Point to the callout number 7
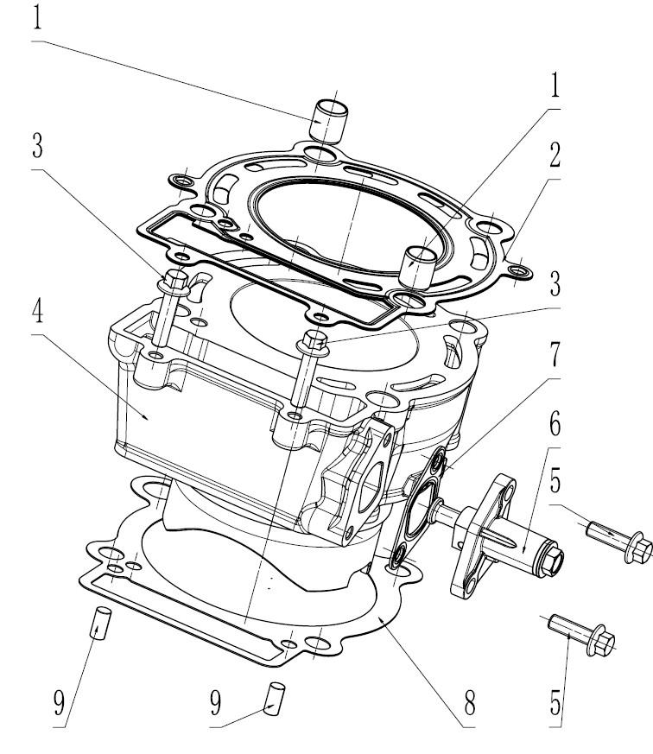553,354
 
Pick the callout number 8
469,703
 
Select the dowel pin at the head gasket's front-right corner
420,264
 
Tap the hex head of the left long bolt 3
176,279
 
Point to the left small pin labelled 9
100,621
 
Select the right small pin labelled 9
276,697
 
